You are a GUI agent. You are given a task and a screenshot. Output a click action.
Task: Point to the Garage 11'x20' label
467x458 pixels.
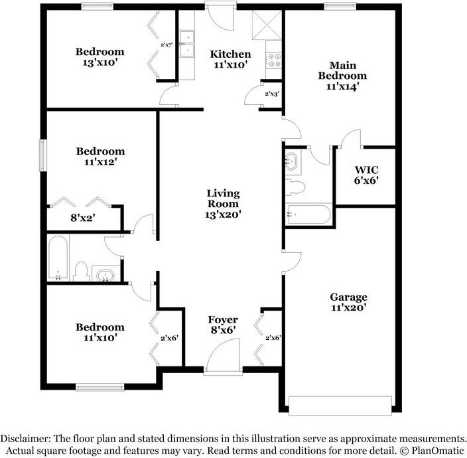[348, 302]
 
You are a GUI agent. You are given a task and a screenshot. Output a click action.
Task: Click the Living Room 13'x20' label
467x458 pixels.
[223, 204]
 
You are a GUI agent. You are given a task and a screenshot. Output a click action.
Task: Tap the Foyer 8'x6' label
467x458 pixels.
[223, 325]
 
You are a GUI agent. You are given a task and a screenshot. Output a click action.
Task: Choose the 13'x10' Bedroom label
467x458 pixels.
[100, 57]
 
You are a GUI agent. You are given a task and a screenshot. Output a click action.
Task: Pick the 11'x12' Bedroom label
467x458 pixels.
[100, 156]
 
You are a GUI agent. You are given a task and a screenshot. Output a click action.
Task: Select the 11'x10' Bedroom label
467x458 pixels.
[100, 332]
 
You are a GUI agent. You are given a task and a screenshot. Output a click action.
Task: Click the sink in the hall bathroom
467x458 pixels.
[105, 274]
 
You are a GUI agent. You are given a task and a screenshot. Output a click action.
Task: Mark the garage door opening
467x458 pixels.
[342, 403]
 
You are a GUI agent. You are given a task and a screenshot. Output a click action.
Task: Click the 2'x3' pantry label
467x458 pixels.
[272, 94]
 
